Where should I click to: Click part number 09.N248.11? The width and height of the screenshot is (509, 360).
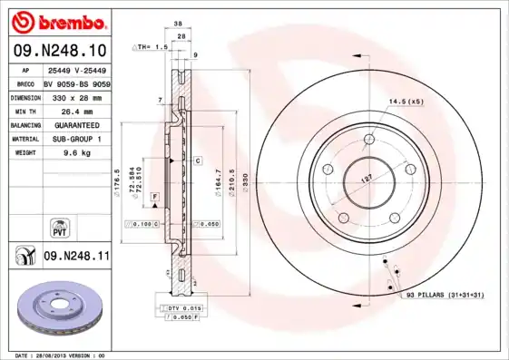(x=76, y=258)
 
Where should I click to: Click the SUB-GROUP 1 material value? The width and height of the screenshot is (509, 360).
(x=72, y=139)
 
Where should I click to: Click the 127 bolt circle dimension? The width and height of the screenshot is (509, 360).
(x=366, y=180)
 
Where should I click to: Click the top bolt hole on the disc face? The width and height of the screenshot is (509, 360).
(x=368, y=140)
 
